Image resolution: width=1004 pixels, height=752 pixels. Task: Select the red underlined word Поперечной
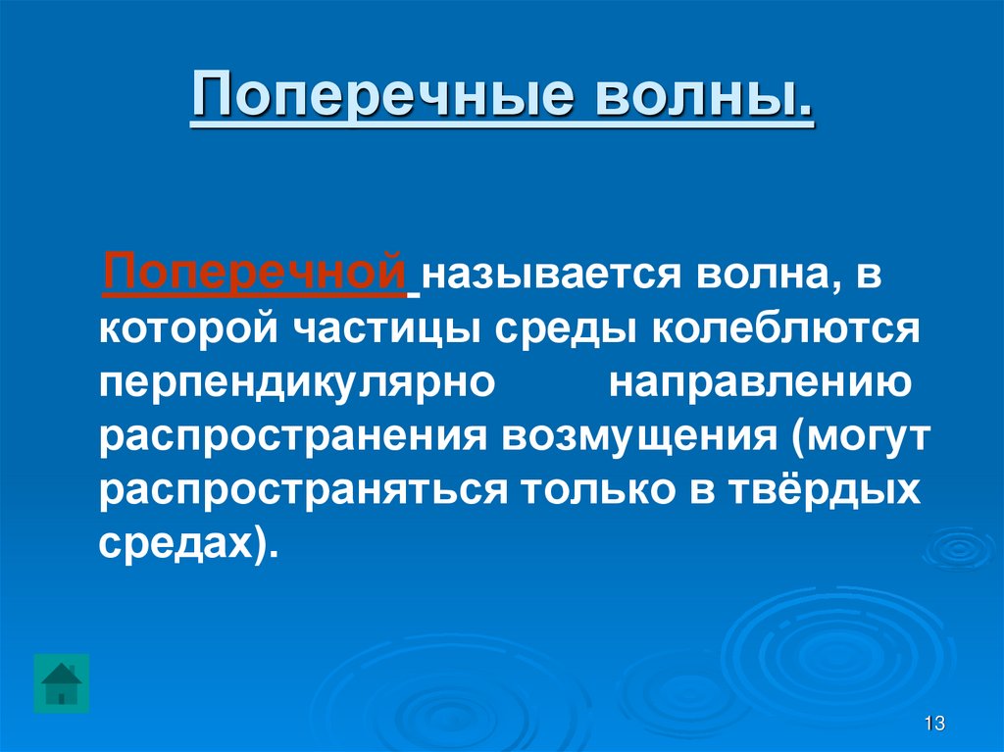pyautogui.click(x=256, y=271)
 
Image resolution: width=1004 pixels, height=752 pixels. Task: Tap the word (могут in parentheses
pyautogui.click(x=857, y=434)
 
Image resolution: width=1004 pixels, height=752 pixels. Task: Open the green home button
pyautogui.click(x=61, y=682)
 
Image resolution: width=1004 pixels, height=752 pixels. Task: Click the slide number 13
pyautogui.click(x=933, y=724)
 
